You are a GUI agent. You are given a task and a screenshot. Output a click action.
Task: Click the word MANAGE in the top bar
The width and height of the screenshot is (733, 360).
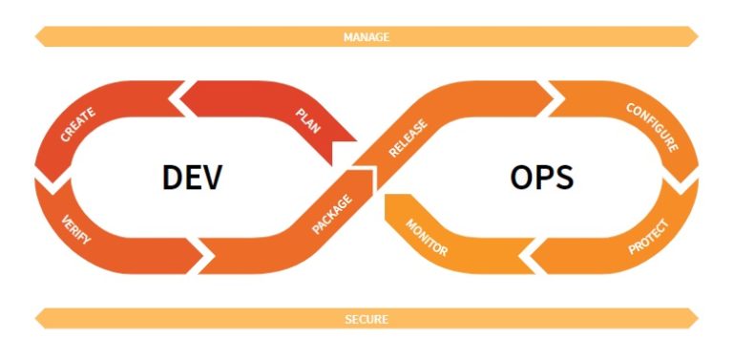click(366, 37)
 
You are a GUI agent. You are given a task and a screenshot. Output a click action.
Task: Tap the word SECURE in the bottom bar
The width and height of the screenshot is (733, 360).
click(366, 319)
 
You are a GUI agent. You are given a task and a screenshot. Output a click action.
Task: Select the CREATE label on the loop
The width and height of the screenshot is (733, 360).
click(77, 125)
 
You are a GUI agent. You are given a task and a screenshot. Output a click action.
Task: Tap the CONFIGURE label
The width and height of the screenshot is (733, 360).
click(652, 127)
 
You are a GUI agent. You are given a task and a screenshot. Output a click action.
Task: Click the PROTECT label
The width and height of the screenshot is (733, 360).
click(649, 235)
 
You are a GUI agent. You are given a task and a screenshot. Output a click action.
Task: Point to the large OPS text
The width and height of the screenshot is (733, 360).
click(541, 178)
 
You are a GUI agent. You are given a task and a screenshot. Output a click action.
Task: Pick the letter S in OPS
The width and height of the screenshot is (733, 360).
click(564, 178)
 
